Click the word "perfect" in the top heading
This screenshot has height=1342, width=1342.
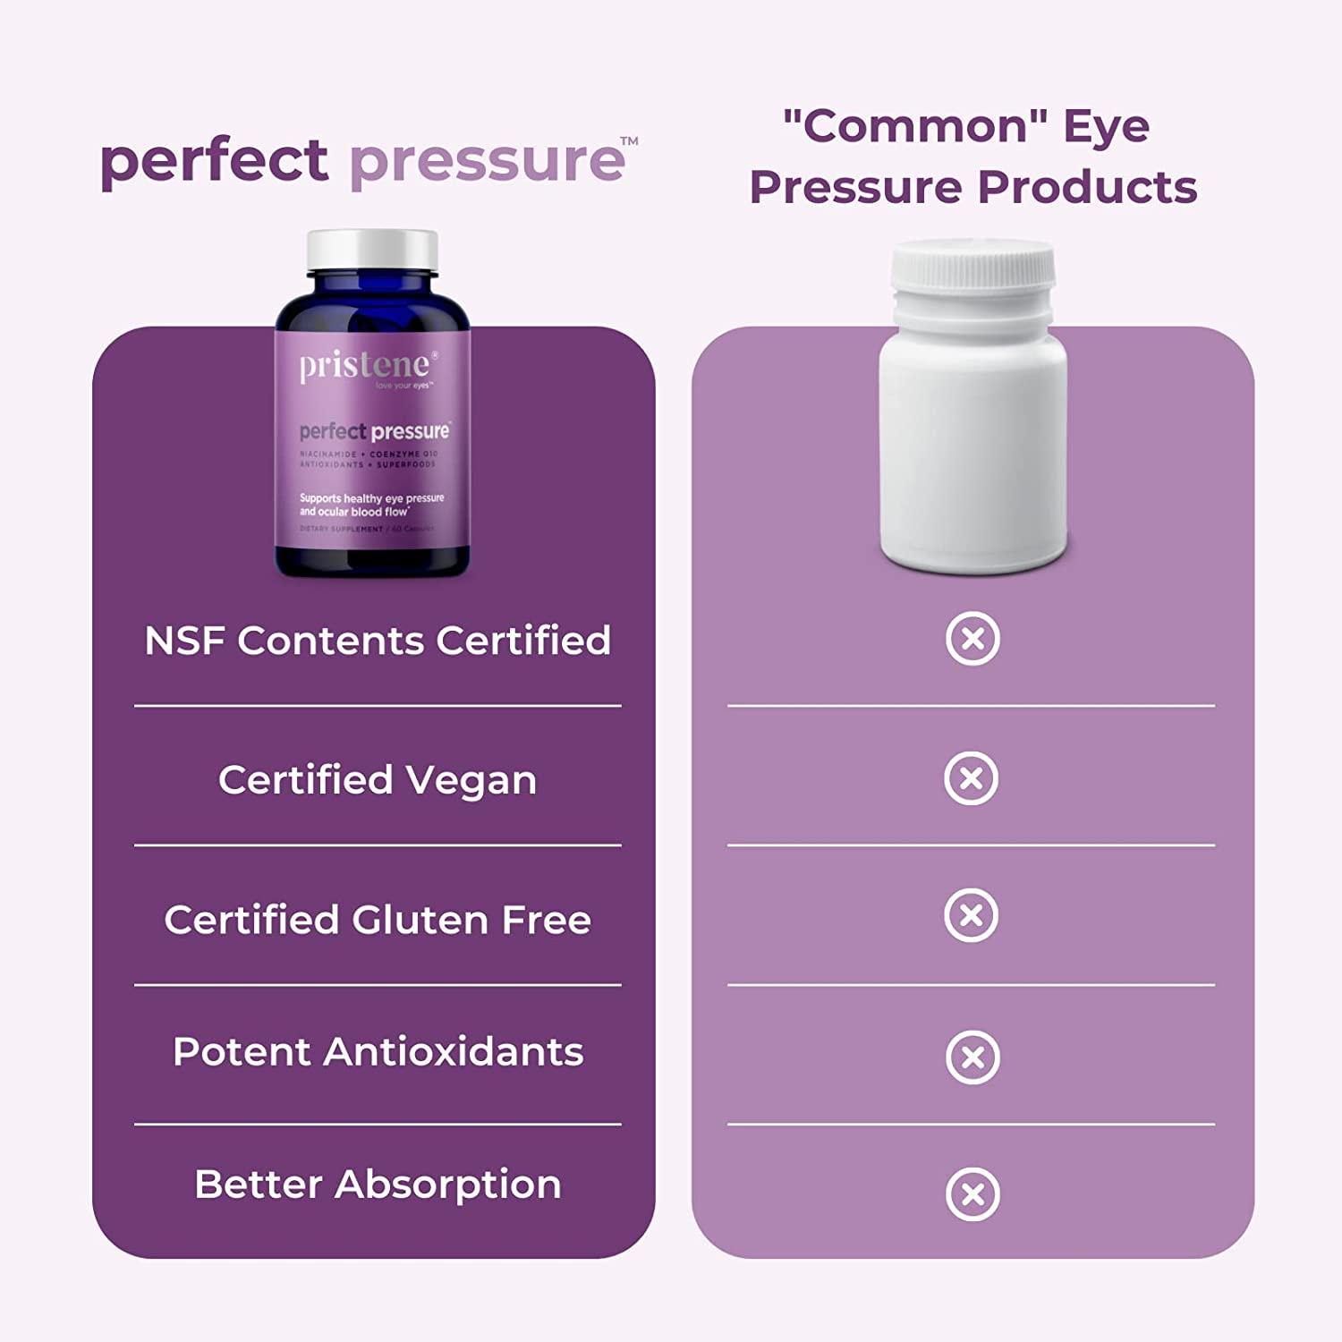(214, 161)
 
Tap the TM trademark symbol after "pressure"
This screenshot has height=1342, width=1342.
(630, 141)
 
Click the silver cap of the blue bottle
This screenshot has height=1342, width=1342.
(372, 251)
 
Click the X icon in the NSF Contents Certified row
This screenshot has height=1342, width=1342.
(973, 639)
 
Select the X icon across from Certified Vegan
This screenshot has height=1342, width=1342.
(972, 778)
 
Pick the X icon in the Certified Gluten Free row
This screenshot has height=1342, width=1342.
(972, 916)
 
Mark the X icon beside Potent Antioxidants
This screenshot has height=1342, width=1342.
(973, 1057)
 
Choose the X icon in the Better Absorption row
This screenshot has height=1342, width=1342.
(973, 1194)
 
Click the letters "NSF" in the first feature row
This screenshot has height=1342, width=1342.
(185, 641)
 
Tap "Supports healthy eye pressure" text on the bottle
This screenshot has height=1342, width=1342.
(371, 498)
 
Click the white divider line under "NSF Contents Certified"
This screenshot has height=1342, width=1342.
(378, 706)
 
